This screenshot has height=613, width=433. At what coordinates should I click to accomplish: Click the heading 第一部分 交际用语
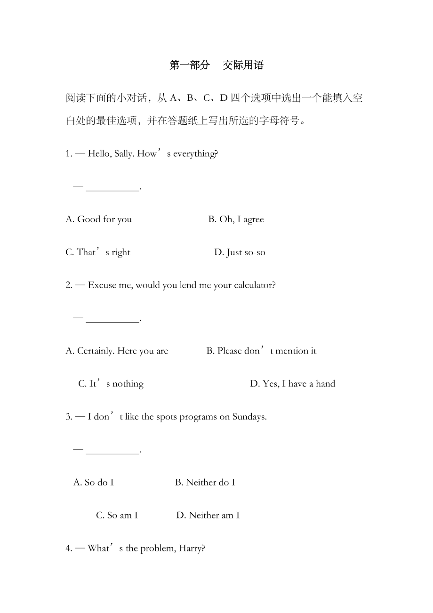point(216,65)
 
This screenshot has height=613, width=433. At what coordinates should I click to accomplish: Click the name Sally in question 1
point(124,154)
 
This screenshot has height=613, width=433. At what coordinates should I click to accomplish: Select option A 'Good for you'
point(99,219)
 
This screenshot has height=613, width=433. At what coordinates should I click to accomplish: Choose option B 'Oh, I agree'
point(236,219)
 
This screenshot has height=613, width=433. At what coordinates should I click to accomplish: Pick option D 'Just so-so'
point(240,252)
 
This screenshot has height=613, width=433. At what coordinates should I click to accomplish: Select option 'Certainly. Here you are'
point(117,351)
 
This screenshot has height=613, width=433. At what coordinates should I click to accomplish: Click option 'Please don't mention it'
point(261,351)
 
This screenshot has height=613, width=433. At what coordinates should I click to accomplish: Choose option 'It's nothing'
point(111,384)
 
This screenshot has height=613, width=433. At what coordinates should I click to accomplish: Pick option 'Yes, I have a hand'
point(292,384)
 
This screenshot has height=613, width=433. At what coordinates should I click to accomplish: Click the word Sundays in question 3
point(249,417)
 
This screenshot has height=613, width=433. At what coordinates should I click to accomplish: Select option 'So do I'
point(94,483)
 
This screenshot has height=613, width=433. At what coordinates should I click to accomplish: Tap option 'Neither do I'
point(205,483)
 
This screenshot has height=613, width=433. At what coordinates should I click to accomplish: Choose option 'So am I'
point(117,516)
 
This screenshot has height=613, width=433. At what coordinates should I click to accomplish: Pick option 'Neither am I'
point(208,516)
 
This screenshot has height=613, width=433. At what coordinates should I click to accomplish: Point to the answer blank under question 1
point(113,188)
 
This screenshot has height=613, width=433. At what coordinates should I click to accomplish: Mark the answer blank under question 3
point(113,451)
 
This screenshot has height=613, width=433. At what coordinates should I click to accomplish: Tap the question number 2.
point(69,285)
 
